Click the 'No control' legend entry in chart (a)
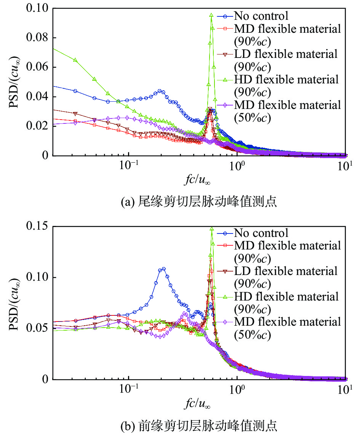pyautogui.click(x=261, y=16)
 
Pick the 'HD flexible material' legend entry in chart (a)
pyautogui.click(x=286, y=80)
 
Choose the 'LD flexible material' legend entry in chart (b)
pyautogui.click(x=286, y=271)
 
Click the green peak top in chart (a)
pyautogui.click(x=211, y=15)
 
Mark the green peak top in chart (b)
pyautogui.click(x=212, y=229)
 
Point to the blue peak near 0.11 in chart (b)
pyautogui.click(x=163, y=269)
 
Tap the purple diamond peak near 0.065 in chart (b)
pyautogui.click(x=184, y=313)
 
